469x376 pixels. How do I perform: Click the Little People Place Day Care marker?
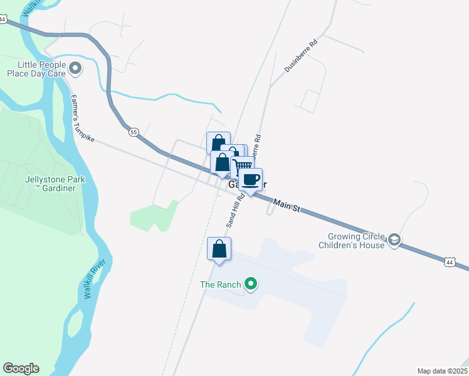pyautogui.click(x=75, y=68)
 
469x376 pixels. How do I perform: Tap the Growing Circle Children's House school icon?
pyautogui.click(x=394, y=241)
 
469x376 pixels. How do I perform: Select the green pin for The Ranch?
pyautogui.click(x=251, y=285)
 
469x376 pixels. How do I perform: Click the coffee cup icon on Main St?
pyautogui.click(x=251, y=180)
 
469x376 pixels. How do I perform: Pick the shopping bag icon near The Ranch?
pyautogui.click(x=219, y=249)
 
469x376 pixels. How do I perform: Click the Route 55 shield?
pyautogui.click(x=134, y=132)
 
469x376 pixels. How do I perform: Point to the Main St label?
pyautogui.click(x=286, y=204)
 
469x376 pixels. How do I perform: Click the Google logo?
pyautogui.click(x=21, y=368)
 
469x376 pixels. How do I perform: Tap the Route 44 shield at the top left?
pyautogui.click(x=3, y=19)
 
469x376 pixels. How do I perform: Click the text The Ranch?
pyautogui.click(x=220, y=285)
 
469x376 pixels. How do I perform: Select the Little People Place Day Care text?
pyautogui.click(x=35, y=68)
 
